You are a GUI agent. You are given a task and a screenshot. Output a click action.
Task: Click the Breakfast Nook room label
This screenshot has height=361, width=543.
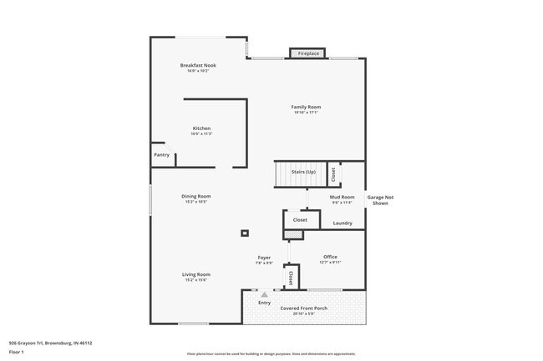coord(198,65)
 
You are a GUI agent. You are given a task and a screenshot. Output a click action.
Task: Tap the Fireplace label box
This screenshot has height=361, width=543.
coord(308,54)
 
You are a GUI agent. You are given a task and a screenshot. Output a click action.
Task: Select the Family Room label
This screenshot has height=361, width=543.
coord(306,107)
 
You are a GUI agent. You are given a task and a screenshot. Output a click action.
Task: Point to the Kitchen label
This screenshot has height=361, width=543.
coord(201,128)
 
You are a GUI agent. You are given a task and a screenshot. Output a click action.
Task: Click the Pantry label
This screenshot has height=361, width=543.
coord(161,155)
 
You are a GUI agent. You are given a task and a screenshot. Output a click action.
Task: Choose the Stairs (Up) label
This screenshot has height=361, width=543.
coord(303,173)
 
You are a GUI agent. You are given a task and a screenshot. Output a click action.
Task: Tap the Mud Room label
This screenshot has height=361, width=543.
coord(343,198)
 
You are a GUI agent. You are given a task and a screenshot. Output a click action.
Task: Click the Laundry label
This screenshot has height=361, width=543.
coord(343,223)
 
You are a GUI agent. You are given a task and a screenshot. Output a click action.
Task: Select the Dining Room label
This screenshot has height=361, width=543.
coord(196,197)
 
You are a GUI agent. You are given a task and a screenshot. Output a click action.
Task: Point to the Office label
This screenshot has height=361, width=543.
coord(330,257)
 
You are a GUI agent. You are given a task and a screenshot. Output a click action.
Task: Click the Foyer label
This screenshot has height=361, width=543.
coord(264,258)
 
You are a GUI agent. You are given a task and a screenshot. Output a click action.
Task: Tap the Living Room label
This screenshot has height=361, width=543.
coord(196,274)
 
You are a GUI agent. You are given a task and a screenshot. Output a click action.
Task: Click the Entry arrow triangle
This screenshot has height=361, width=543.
coord(264,295)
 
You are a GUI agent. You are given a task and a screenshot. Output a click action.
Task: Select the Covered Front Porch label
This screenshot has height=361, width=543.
coord(303,308)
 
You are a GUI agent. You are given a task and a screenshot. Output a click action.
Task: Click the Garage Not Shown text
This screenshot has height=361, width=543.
coord(380,200)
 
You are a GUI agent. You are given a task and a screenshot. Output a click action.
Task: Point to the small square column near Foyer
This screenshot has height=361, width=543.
coord(245,233)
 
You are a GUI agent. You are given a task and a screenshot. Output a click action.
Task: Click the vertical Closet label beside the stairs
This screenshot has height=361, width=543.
coord(333,174)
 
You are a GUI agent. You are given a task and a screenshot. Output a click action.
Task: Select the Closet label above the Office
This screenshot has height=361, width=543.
coord(300,220)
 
